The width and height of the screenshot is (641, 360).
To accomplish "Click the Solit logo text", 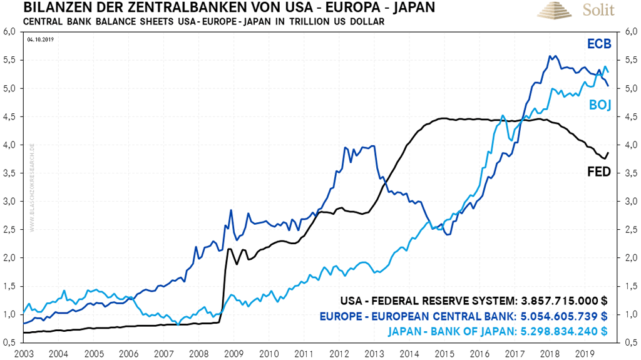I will pos(599,11).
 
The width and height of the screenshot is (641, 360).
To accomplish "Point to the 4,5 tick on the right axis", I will pos(630,116).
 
